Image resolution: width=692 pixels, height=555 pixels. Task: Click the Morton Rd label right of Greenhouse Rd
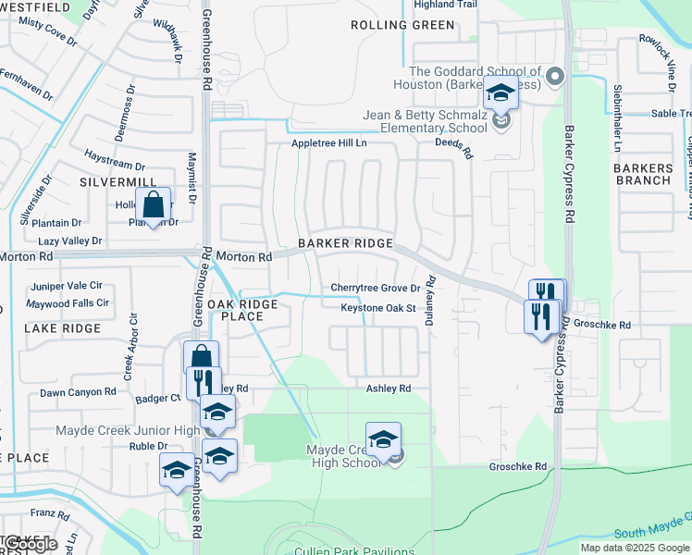point(244,256)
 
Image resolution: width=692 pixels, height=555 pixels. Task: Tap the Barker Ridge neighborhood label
point(345,243)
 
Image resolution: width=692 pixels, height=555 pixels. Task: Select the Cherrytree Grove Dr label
point(376,289)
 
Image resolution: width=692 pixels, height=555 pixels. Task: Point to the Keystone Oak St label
point(377,308)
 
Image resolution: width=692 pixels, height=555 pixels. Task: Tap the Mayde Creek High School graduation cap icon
point(383,439)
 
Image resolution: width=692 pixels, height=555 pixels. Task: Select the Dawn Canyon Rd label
point(78,392)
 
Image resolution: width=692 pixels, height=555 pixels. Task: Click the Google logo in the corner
point(30,544)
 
